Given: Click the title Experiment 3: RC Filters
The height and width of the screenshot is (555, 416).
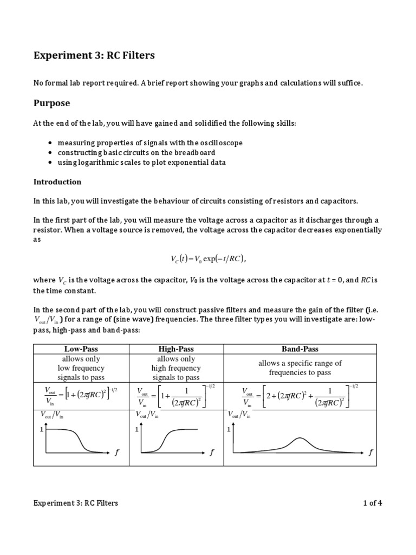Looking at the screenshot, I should [x=94, y=55].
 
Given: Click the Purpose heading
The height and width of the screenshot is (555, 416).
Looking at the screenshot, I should [x=51, y=103].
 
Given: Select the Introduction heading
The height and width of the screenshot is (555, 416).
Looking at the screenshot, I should [x=57, y=182].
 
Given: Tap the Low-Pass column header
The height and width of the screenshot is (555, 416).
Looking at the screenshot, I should [x=81, y=349].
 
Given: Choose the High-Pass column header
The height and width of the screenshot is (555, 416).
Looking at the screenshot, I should [x=175, y=349].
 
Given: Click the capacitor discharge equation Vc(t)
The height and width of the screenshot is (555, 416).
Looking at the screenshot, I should [x=208, y=260].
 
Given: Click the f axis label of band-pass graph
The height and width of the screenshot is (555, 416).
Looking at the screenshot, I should [x=370, y=453].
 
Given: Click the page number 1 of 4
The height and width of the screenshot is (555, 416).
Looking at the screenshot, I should [x=373, y=503].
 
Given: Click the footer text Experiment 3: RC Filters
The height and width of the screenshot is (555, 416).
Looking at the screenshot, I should [x=75, y=503].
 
